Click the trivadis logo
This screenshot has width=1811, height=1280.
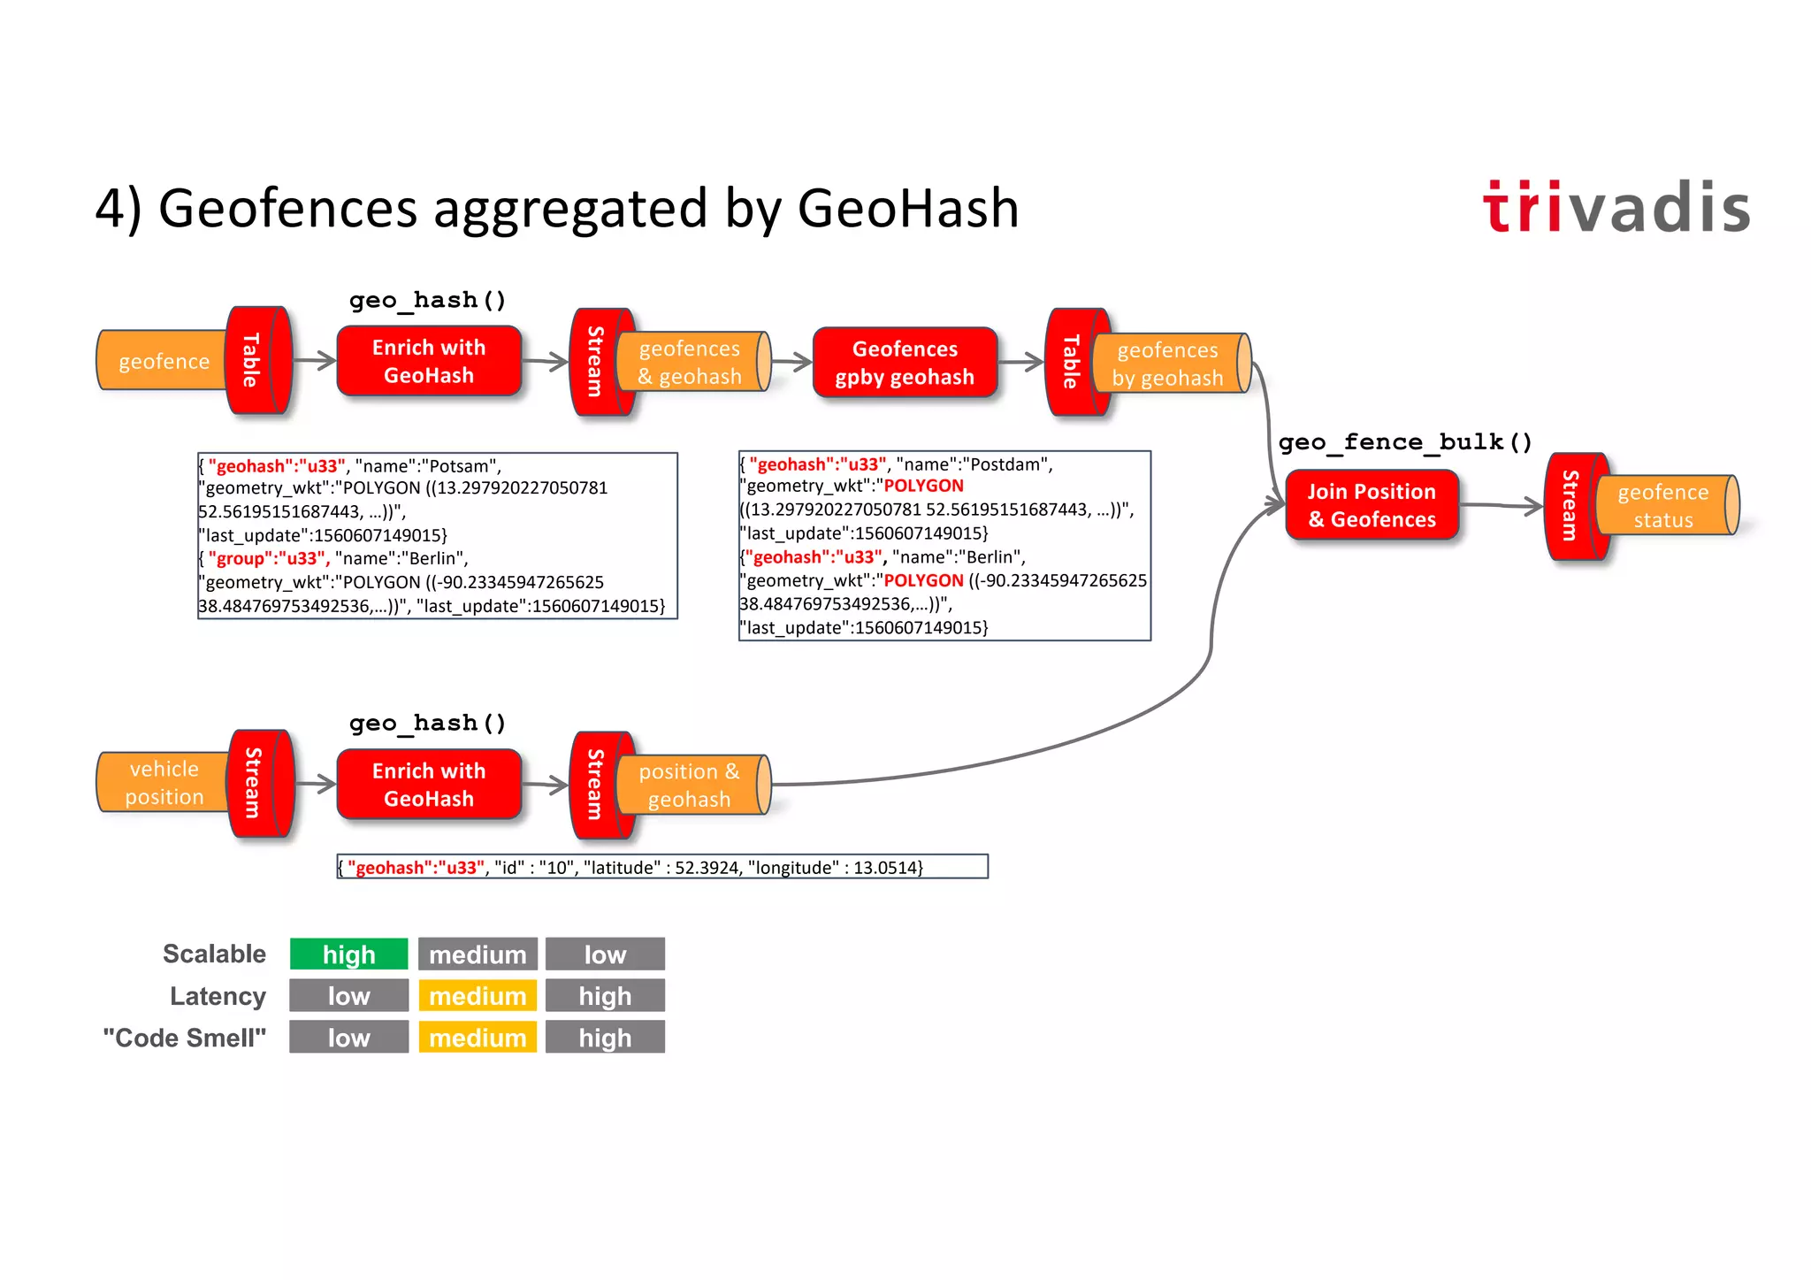click(x=1616, y=208)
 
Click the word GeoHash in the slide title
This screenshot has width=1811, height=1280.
click(x=907, y=209)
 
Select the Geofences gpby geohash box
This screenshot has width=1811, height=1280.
click(x=905, y=363)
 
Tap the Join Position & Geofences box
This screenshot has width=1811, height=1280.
click(x=1372, y=505)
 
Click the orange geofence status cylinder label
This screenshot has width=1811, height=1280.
click(x=1662, y=506)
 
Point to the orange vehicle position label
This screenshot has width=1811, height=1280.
click(x=164, y=783)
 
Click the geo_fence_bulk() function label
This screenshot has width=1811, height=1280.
click(x=1405, y=441)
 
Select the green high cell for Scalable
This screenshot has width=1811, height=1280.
click(x=349, y=954)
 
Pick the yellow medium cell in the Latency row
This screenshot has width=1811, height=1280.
click(x=478, y=996)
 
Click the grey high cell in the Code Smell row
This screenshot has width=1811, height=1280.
click(x=605, y=1038)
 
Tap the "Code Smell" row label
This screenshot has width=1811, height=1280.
click(x=184, y=1038)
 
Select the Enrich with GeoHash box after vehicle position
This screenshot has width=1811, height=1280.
click(x=429, y=785)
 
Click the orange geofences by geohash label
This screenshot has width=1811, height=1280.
click(x=1167, y=364)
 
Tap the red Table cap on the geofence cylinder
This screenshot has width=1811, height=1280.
click(x=253, y=360)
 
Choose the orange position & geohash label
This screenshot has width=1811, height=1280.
click(x=689, y=785)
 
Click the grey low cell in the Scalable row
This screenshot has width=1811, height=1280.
click(x=605, y=954)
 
